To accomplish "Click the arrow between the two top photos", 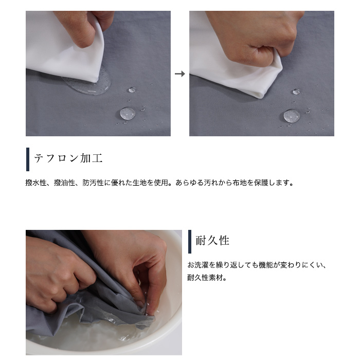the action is click(x=180, y=74).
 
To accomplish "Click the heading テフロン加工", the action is click(x=68, y=158).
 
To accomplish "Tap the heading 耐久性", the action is click(x=212, y=241).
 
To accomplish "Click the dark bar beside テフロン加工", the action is click(x=28, y=159).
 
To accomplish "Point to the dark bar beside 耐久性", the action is click(x=190, y=242).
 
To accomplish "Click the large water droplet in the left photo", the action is click(x=128, y=114).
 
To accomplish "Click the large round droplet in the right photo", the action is click(x=292, y=116).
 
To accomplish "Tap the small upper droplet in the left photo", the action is click(x=132, y=90).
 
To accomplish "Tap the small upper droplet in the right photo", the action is click(x=296, y=92).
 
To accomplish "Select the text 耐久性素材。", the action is click(x=207, y=278).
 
